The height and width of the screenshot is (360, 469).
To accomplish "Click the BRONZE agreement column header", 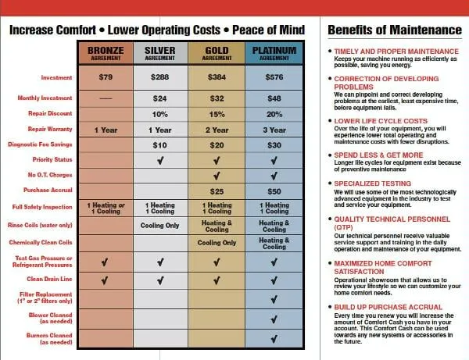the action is coord(106,52).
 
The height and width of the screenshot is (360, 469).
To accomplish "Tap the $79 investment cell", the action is coord(106,78).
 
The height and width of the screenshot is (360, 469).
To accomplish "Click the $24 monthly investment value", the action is coord(160,98).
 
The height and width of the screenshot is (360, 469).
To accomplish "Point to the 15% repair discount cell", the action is coord(217,114).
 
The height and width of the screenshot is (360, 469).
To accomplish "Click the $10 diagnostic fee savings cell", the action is coord(160,145).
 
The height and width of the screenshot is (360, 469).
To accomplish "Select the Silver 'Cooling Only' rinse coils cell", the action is coord(160,226).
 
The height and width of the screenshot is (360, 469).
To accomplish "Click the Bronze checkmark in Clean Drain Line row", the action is coord(106,279).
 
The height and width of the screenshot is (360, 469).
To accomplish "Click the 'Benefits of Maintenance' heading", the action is coord(394,30).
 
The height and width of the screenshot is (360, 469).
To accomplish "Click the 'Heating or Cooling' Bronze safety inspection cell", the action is coord(106,208).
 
